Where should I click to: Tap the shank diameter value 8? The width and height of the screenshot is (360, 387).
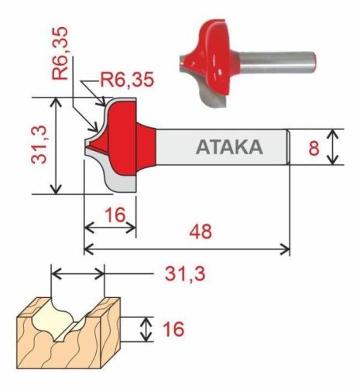(x=314, y=147)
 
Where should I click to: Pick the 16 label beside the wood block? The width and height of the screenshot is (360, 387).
(x=174, y=330)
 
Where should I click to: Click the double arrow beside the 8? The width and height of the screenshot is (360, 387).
(x=333, y=147)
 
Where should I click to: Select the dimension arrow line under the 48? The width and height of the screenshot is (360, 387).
(x=187, y=249)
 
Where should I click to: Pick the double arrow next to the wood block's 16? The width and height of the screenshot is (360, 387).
(x=145, y=330)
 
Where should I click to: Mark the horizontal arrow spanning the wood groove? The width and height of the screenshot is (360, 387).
(x=77, y=273)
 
